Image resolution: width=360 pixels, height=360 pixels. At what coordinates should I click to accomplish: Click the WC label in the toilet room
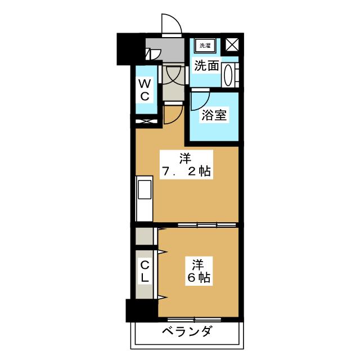click(145, 90)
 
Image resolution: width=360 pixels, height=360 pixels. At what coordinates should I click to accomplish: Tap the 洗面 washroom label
click(206, 66)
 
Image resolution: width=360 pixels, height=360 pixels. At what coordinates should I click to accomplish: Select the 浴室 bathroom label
click(214, 116)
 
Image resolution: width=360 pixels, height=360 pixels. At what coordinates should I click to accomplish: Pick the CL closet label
click(145, 271)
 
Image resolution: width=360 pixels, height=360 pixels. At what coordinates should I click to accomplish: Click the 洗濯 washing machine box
click(203, 46)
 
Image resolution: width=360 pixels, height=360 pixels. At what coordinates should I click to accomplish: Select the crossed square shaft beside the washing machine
click(232, 45)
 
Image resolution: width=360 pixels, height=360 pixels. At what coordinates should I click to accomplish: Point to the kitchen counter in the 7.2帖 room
click(144, 200)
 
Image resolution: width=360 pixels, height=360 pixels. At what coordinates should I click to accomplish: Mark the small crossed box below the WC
click(144, 120)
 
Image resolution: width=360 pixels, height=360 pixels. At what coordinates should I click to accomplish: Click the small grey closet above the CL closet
click(144, 236)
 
